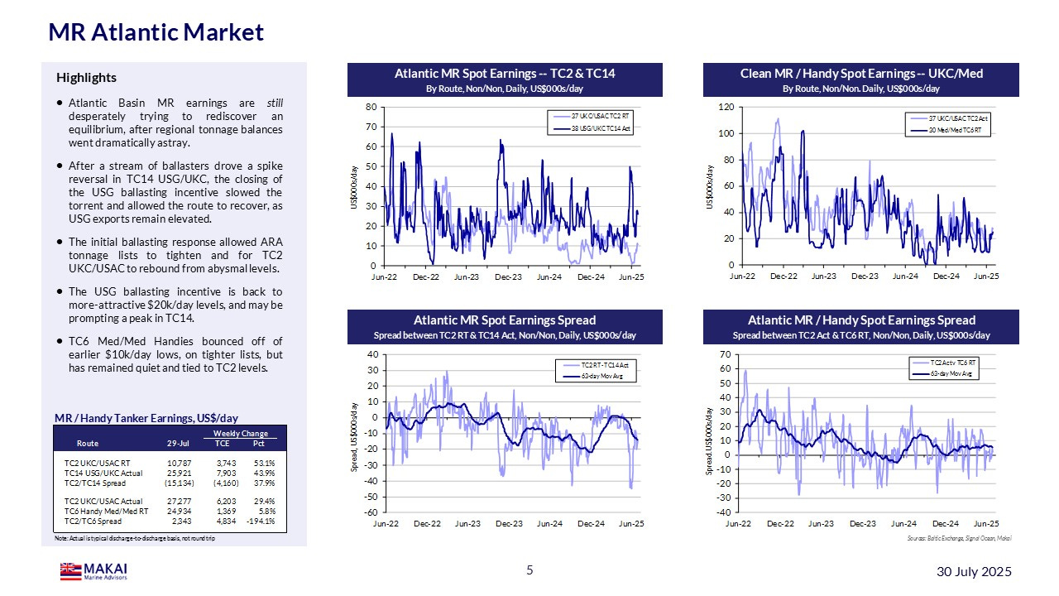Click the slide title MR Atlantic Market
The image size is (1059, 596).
pyautogui.click(x=156, y=32)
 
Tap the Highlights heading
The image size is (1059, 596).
pyautogui.click(x=86, y=78)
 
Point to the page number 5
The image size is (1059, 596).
pyautogui.click(x=529, y=570)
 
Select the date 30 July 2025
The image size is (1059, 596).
pyautogui.click(x=974, y=572)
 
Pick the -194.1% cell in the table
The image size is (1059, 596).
pyautogui.click(x=256, y=521)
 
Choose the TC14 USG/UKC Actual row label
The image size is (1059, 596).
pyautogui.click(x=103, y=472)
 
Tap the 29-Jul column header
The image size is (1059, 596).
pyautogui.click(x=178, y=443)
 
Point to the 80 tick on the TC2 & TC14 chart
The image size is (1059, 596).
pyautogui.click(x=371, y=107)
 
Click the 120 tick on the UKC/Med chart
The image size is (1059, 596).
pyautogui.click(x=726, y=108)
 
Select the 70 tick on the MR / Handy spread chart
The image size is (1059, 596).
pyautogui.click(x=726, y=354)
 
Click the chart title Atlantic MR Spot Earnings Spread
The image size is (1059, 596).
pyautogui.click(x=505, y=320)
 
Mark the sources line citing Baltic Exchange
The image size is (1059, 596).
pyautogui.click(x=959, y=539)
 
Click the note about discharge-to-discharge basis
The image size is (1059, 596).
pyautogui.click(x=128, y=539)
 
